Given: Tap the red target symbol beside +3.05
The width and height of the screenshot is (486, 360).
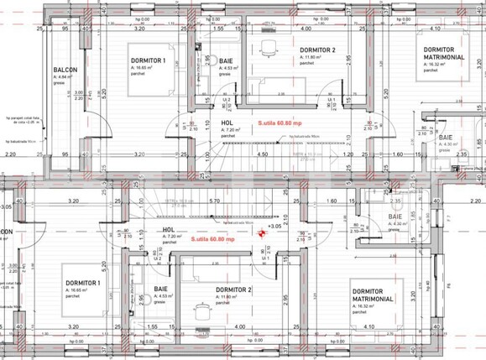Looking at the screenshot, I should pos(262,237).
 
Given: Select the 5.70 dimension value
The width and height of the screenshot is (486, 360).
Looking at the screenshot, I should pos(216,201).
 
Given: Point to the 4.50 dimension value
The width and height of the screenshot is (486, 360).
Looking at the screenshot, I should pos(262,154).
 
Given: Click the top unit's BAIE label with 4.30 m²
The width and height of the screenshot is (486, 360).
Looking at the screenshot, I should pos(444,140).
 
